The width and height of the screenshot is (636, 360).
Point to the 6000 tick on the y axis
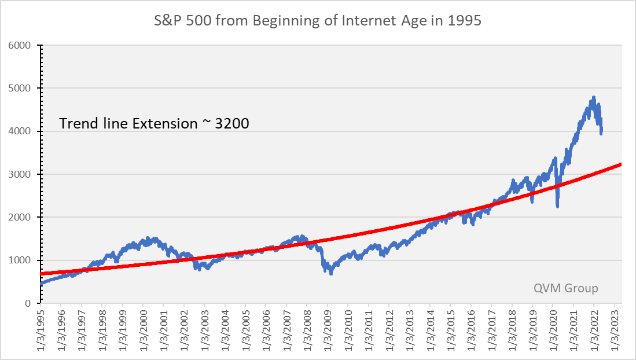click(x=23, y=45)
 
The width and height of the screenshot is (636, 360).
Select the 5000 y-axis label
click(x=23, y=89)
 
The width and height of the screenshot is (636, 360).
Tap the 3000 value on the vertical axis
click(x=23, y=174)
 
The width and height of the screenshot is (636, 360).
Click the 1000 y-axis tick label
click(x=23, y=260)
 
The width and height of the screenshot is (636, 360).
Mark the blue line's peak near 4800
click(x=594, y=97)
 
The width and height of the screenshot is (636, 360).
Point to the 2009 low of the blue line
click(x=330, y=273)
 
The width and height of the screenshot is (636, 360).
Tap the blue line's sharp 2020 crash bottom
click(x=557, y=206)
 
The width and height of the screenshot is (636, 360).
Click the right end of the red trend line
click(x=621, y=164)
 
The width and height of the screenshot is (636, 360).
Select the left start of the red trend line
click(x=42, y=273)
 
